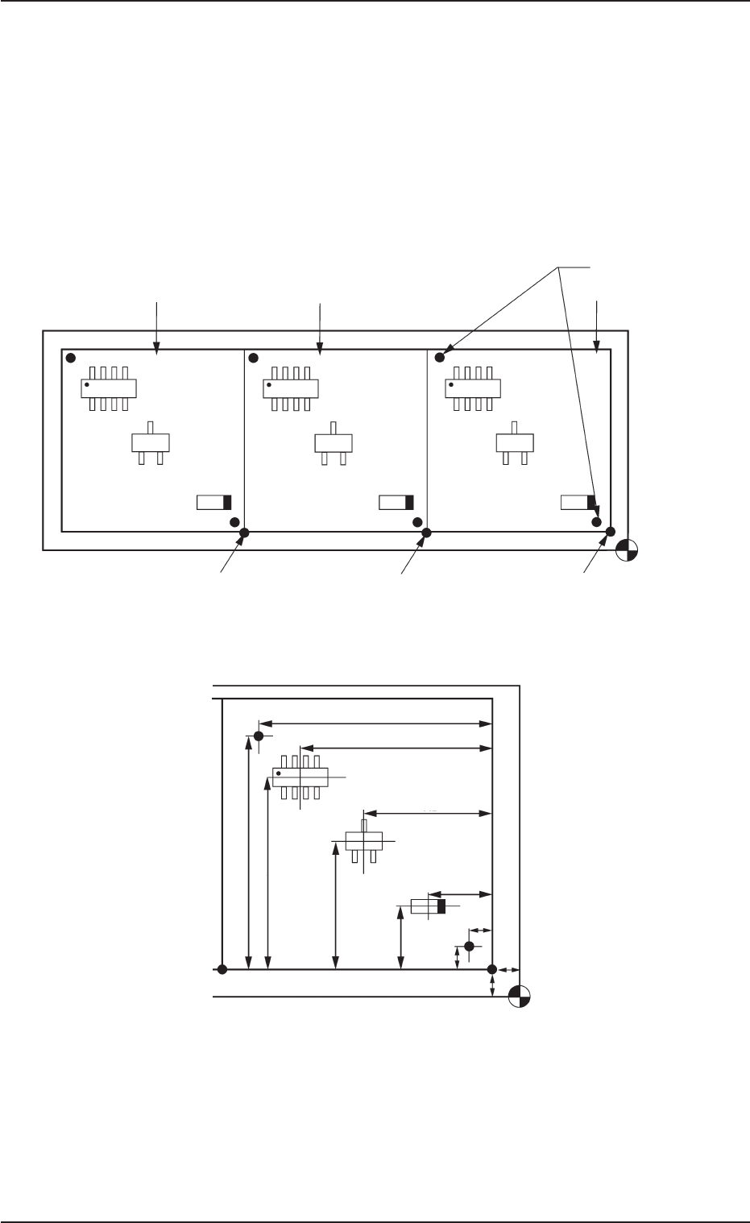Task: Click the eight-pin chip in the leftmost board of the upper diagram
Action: [x=109, y=388]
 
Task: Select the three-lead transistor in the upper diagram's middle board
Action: [x=333, y=442]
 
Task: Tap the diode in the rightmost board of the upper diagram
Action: [x=578, y=503]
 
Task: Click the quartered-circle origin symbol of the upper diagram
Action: [x=627, y=550]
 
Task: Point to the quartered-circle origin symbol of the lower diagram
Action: [x=520, y=997]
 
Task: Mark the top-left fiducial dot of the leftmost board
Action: [x=71, y=357]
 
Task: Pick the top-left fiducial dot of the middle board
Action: [x=253, y=357]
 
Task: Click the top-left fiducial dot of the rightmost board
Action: [x=440, y=357]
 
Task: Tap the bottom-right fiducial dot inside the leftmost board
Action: [x=234, y=522]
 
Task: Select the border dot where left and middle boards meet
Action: [x=245, y=532]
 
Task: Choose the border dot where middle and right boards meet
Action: [x=427, y=532]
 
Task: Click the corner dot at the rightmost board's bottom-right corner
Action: [x=611, y=532]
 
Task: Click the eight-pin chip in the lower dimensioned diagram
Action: [x=300, y=777]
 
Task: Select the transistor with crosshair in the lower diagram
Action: [x=363, y=840]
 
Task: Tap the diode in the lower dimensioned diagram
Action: [x=428, y=906]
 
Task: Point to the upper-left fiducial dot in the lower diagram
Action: [x=259, y=736]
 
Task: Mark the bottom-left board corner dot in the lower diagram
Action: [x=222, y=969]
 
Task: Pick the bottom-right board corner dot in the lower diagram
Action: [x=491, y=969]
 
